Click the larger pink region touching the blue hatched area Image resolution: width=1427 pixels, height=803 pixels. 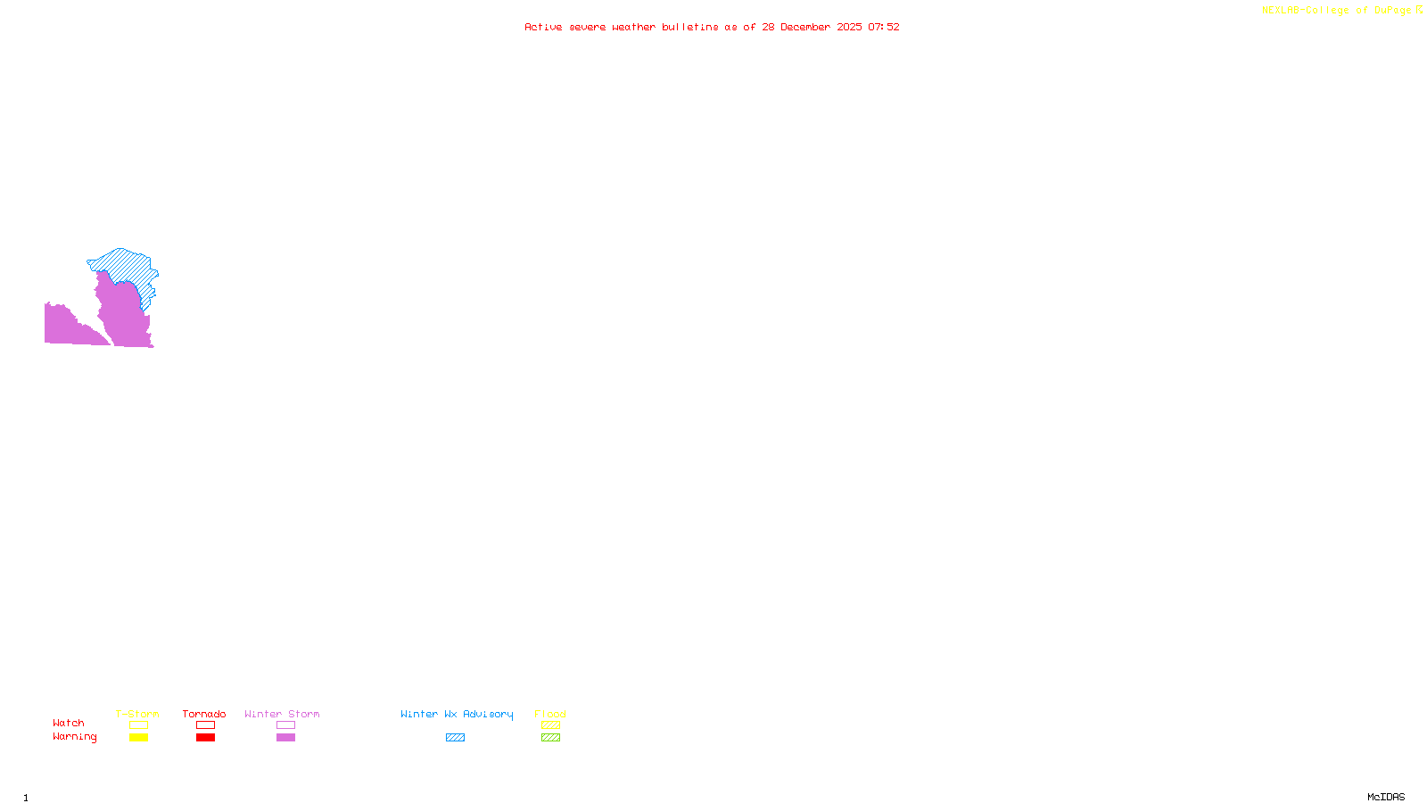[123, 317]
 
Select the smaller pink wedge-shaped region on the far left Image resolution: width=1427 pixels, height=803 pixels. [62, 326]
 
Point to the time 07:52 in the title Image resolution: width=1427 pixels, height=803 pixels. [884, 27]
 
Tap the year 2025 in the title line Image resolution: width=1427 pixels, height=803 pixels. [850, 27]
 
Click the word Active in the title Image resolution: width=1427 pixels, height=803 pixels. [543, 27]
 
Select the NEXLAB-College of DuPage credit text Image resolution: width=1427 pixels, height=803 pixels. [1337, 11]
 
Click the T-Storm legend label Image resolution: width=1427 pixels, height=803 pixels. [137, 714]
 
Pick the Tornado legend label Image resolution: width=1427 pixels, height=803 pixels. [204, 714]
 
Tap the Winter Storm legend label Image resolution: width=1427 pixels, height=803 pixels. [282, 714]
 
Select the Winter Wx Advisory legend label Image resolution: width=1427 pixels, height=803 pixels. [457, 714]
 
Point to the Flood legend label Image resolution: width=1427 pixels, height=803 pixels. [550, 714]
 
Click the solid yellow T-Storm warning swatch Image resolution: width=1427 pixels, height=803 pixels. [138, 738]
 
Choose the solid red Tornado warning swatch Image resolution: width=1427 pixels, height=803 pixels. [205, 738]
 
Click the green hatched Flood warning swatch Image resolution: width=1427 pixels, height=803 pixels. [550, 738]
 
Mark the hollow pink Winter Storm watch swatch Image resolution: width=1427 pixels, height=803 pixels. [285, 725]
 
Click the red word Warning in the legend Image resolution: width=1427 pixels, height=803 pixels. [74, 737]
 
